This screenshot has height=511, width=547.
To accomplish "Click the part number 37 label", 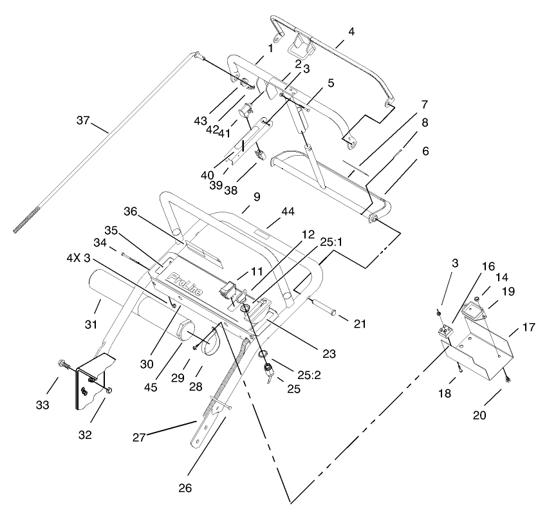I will click(84, 120).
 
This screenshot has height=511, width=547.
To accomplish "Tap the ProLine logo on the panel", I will click(185, 284).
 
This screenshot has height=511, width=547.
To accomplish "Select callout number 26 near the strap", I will click(185, 487).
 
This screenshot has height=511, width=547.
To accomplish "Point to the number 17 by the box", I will click(528, 327).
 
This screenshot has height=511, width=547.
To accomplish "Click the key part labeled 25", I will click(270, 372).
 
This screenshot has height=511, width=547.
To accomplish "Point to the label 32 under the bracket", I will click(85, 434).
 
